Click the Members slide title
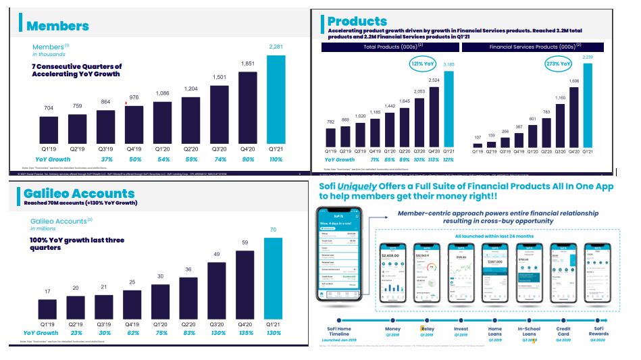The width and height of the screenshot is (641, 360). coord(57,26)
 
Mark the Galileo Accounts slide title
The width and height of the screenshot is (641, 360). coord(79,193)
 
